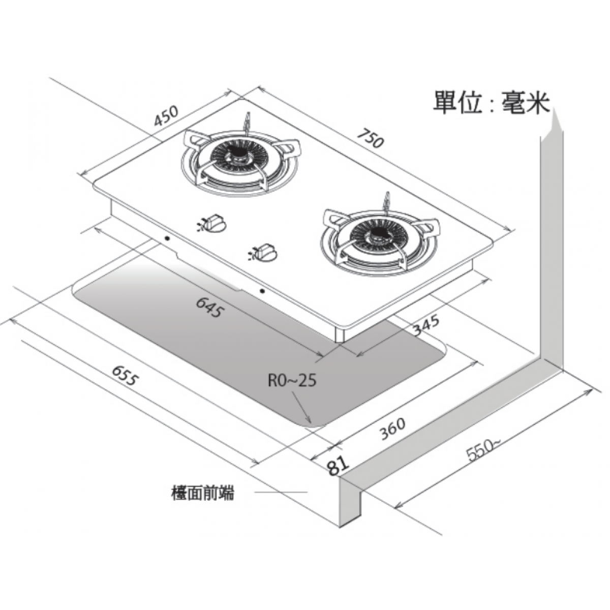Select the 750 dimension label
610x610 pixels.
point(371,138)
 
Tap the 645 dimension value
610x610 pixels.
point(208,307)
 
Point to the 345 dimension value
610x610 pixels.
point(425,326)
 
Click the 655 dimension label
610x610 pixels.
point(125,375)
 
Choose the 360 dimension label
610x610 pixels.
point(392,429)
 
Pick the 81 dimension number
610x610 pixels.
point(338,465)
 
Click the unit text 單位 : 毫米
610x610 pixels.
point(491,102)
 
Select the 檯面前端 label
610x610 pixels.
point(203,493)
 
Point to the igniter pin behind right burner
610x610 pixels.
point(388,200)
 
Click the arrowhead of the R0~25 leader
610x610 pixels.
point(309,421)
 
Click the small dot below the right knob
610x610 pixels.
point(262,291)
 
